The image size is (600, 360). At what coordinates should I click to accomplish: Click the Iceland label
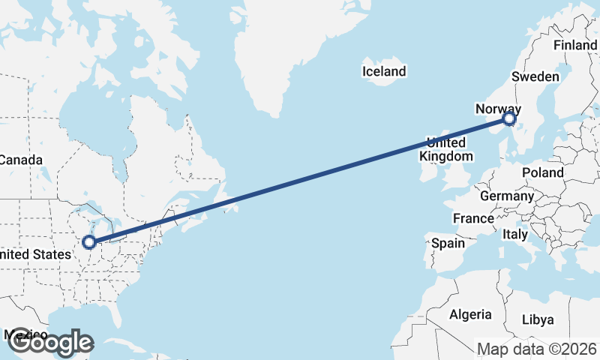point(383,72)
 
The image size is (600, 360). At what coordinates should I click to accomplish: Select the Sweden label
point(535,76)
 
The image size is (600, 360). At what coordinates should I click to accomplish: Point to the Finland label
point(575,45)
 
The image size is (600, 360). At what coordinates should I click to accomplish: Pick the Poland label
point(543,172)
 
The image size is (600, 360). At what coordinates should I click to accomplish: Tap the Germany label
point(506,196)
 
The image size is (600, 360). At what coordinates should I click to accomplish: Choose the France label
point(472,219)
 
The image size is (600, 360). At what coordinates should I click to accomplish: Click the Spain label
point(448,243)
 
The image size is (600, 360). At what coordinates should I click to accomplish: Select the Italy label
point(514,234)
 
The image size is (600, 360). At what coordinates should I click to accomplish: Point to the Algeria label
point(470,314)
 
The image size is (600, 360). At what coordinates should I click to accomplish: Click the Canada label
point(20,160)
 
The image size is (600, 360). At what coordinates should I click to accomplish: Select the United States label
point(33,255)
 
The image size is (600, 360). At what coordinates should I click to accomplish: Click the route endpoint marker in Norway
point(510,118)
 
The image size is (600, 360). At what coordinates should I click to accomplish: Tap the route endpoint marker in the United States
point(89,241)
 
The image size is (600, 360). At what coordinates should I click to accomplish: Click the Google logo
point(50,343)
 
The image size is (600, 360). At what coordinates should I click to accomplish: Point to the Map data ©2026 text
point(538,349)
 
